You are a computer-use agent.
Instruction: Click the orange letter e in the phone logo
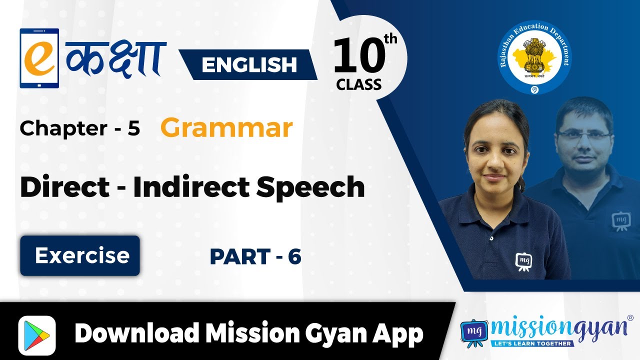39,58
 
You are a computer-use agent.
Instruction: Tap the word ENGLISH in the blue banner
249,64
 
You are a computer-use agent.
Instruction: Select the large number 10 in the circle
359,55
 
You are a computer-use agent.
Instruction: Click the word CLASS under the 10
358,84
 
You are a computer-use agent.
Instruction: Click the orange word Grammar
226,128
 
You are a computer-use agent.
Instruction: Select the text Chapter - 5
79,128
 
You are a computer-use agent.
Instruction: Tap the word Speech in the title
310,187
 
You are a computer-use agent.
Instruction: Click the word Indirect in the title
191,187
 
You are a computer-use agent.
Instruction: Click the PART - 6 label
255,256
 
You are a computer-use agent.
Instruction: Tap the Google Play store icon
37,335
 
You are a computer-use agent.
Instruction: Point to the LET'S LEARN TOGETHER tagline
532,343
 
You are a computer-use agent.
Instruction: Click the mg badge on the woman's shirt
523,261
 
